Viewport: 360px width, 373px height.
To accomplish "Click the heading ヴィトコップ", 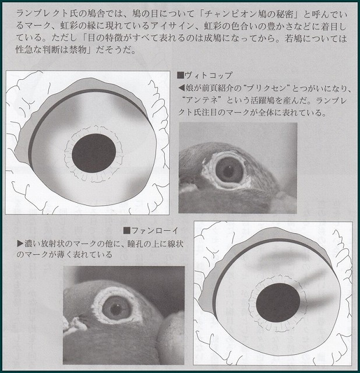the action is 209,76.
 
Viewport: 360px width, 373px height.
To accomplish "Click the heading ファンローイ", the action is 154,230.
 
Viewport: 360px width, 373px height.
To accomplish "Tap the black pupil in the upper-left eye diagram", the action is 94,153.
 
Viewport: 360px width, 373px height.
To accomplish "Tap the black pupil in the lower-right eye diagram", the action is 278,302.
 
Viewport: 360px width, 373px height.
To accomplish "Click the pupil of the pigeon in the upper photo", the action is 229,171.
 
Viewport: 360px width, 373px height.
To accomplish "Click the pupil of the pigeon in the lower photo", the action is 116,309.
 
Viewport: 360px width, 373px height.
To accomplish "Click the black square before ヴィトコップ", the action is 181,76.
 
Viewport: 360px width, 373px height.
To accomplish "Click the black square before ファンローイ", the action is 127,230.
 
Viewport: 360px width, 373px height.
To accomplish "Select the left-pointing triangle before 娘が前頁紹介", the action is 181,88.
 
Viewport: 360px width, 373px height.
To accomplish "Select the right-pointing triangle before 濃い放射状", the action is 20,244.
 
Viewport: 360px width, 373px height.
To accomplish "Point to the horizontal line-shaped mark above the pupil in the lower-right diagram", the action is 284,256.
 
